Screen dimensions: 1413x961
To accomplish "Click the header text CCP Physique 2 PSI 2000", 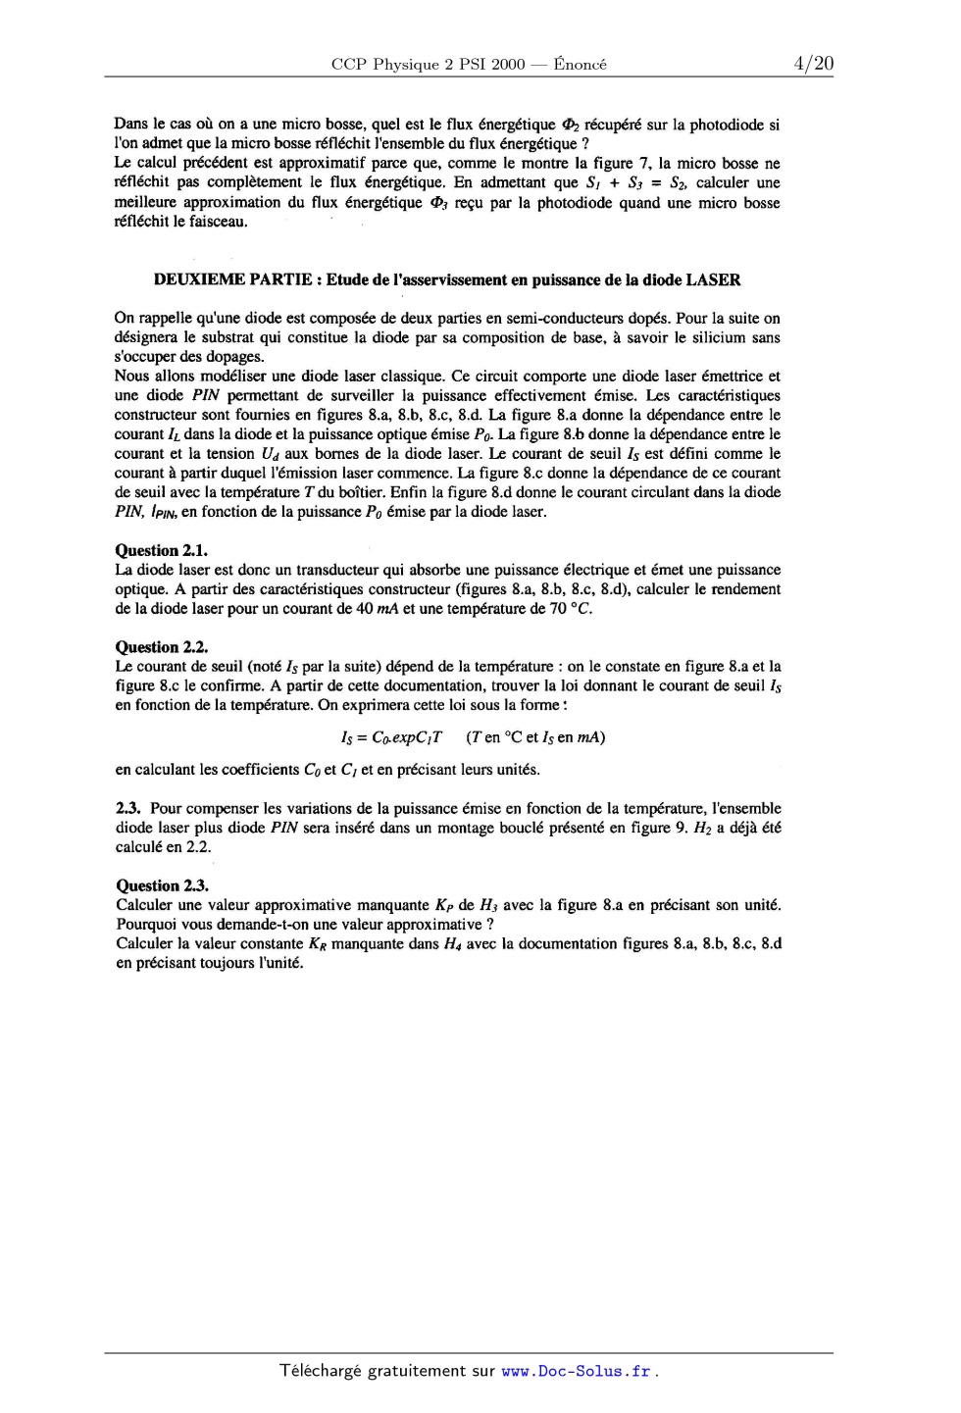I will point(428,65).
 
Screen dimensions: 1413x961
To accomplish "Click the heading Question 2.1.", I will point(161,550).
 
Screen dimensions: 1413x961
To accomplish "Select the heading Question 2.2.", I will point(161,646).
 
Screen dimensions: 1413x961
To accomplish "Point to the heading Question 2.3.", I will point(161,885).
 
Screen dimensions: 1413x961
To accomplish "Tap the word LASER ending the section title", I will point(713,279).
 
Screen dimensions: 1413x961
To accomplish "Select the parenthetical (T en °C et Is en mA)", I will point(535,737).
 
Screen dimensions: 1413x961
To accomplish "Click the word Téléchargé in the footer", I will point(320,1371).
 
